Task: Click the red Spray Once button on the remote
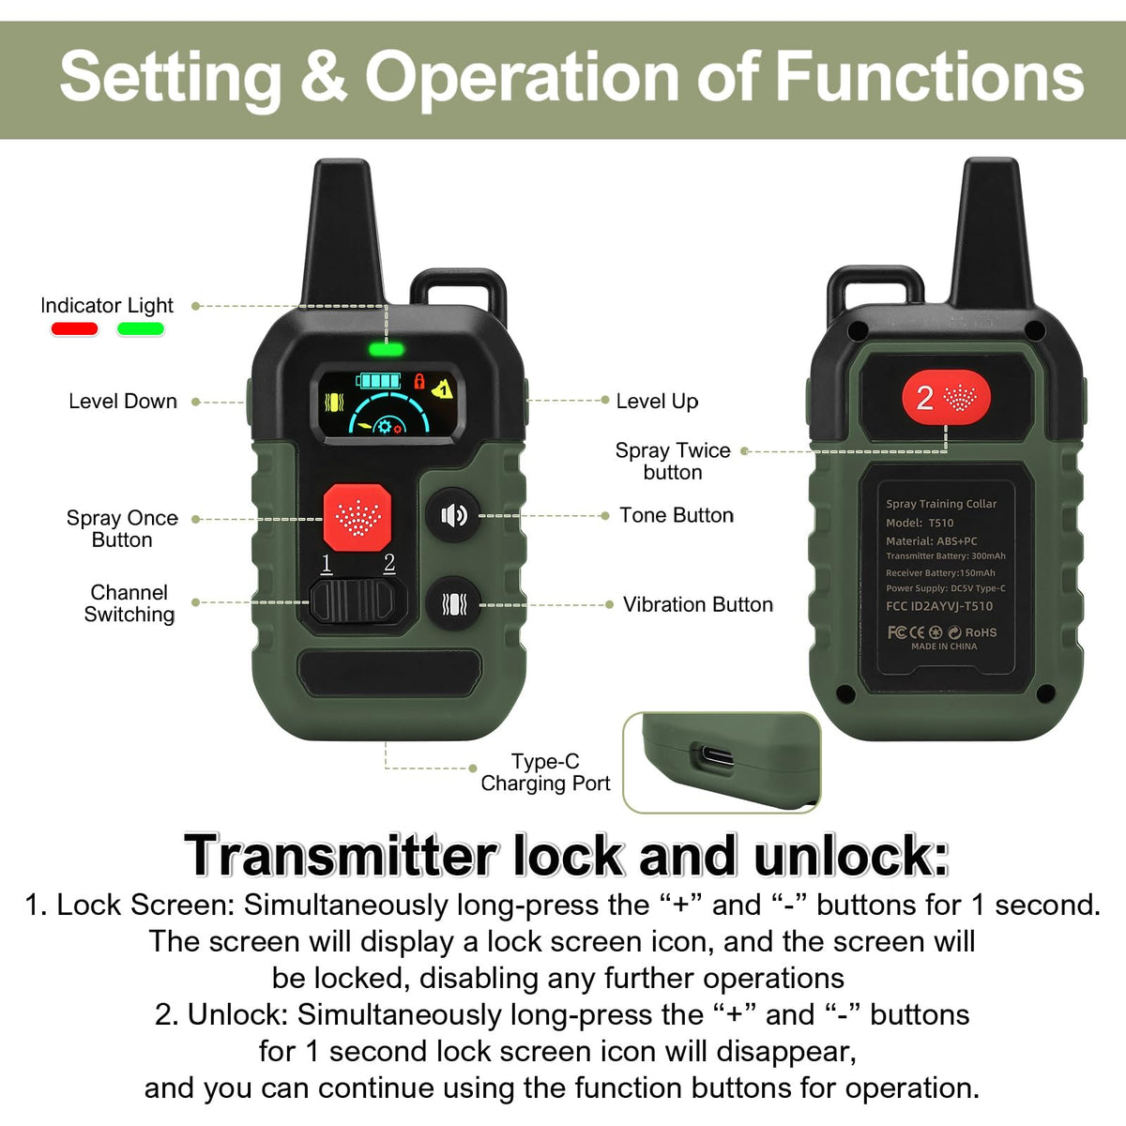pos(357,517)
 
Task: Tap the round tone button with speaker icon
pos(453,515)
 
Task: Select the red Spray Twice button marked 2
pos(946,397)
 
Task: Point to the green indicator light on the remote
pos(386,350)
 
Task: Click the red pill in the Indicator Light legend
pos(74,329)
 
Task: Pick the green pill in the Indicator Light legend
pos(140,329)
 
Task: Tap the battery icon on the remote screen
pos(379,381)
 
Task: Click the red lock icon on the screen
pos(418,382)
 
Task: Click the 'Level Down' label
pos(123,402)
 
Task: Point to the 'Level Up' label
pos(658,402)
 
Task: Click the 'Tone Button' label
pos(677,515)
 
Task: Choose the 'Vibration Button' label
pos(698,604)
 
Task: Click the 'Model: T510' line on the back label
pos(920,523)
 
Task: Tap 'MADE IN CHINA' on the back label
pos(944,647)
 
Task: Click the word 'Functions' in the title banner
pos(930,77)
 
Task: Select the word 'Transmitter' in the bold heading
pos(341,855)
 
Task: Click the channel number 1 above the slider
pos(327,564)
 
